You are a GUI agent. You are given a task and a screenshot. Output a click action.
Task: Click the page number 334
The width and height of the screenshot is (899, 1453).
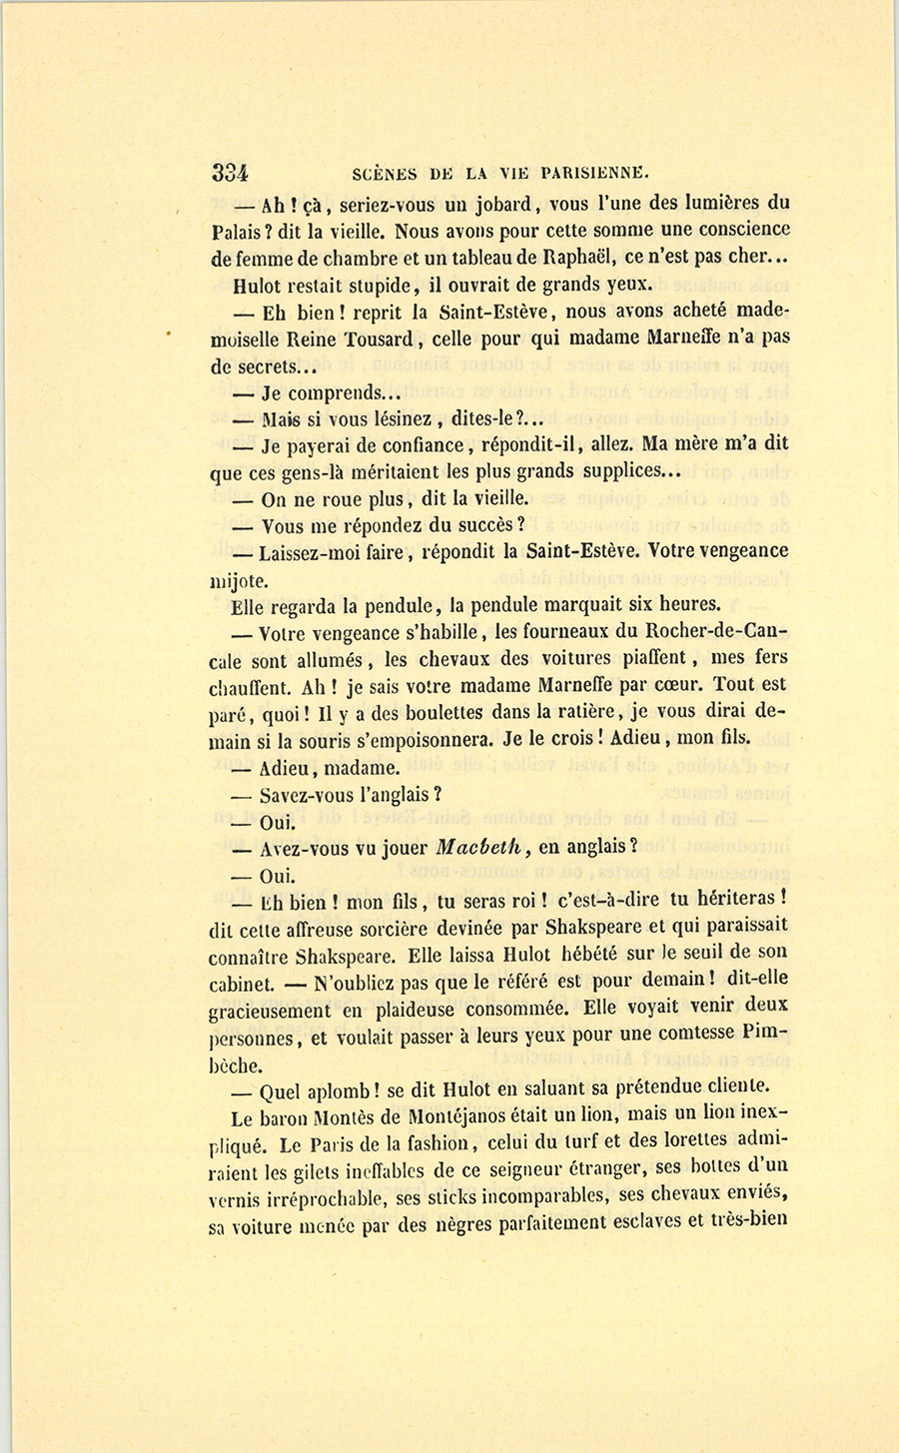(x=230, y=171)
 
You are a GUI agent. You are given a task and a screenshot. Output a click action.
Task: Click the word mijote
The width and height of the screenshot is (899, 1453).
(x=234, y=580)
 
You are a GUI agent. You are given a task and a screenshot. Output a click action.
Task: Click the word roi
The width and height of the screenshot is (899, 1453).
(x=524, y=901)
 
